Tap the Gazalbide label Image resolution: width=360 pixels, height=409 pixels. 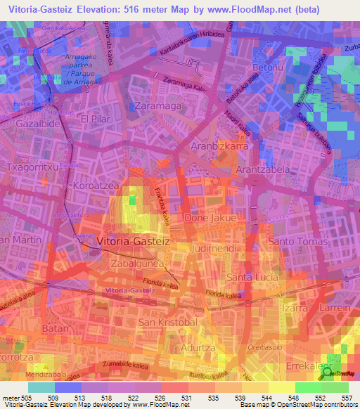[x=33, y=122]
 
